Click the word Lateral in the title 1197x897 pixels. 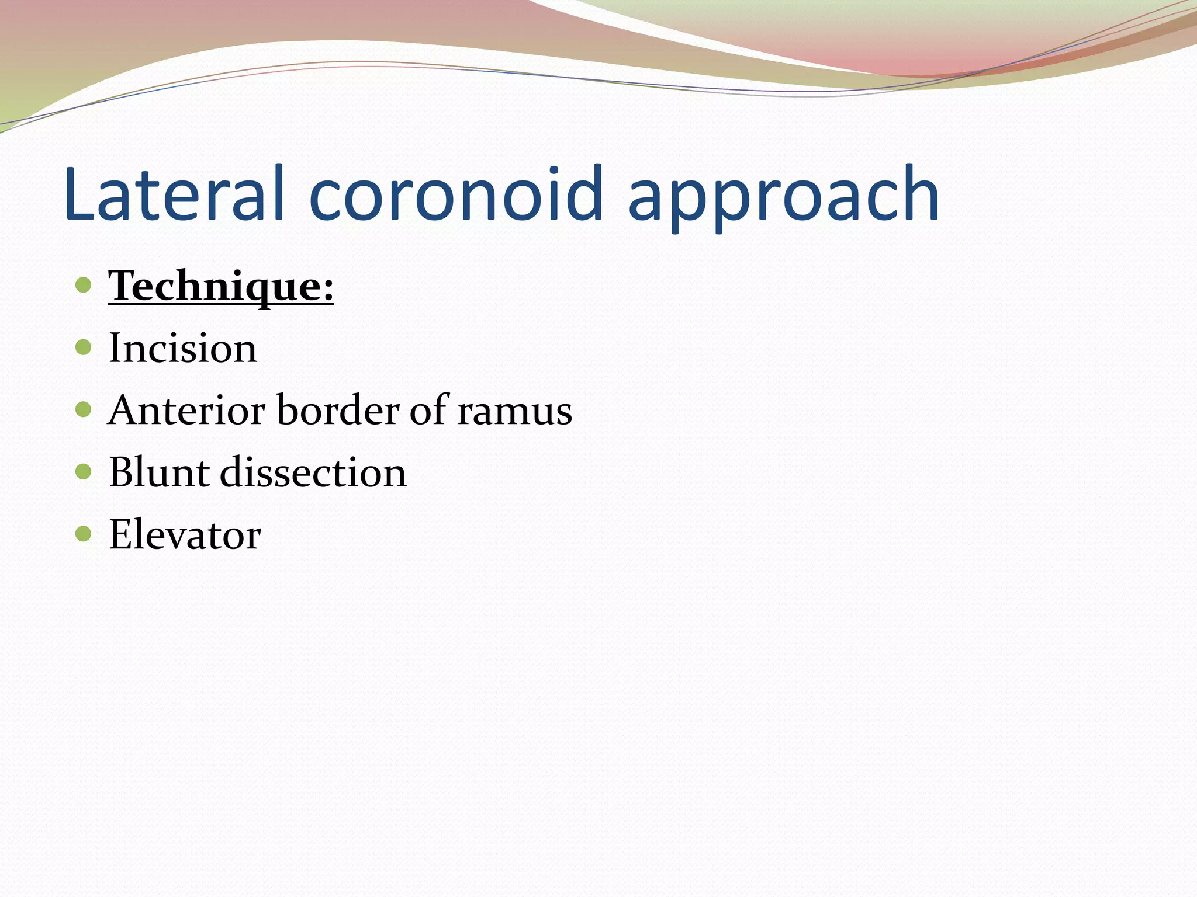174,194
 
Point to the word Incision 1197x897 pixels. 183,348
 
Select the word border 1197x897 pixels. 337,410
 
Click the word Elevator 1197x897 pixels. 185,534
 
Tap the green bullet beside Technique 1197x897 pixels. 84,285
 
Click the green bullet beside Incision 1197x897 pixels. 84,347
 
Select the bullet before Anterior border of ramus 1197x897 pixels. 84,409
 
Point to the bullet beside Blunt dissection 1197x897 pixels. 84,471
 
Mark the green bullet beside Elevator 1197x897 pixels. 84,533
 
